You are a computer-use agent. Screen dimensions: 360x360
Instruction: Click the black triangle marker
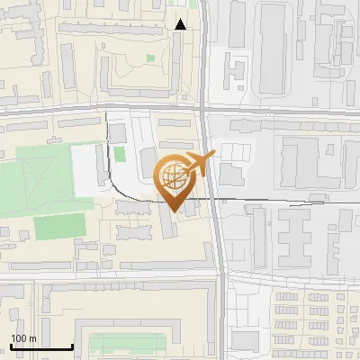tap(181, 24)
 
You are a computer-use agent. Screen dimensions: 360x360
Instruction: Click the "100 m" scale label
tap(23, 338)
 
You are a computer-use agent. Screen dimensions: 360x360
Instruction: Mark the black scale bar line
tap(40, 347)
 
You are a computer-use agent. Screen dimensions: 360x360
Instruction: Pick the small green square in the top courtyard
tap(149, 59)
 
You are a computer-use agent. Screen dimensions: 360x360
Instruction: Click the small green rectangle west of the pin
tap(120, 154)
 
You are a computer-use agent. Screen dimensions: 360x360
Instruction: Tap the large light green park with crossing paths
tap(36, 184)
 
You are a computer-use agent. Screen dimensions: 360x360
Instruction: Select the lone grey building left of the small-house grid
tap(244, 341)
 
